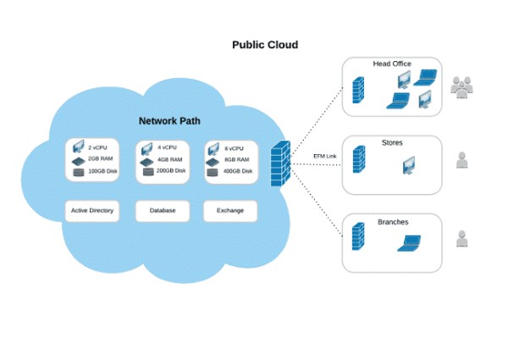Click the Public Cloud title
(265, 45)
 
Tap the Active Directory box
(92, 210)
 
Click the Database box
(162, 210)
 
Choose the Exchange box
(230, 210)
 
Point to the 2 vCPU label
(98, 147)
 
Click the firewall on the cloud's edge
(280, 160)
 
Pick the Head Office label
(392, 64)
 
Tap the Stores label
(392, 143)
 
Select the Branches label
(393, 222)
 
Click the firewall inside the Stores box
(359, 159)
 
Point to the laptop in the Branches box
(411, 244)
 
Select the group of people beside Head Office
(461, 86)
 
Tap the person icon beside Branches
(461, 239)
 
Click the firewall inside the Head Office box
(358, 88)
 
